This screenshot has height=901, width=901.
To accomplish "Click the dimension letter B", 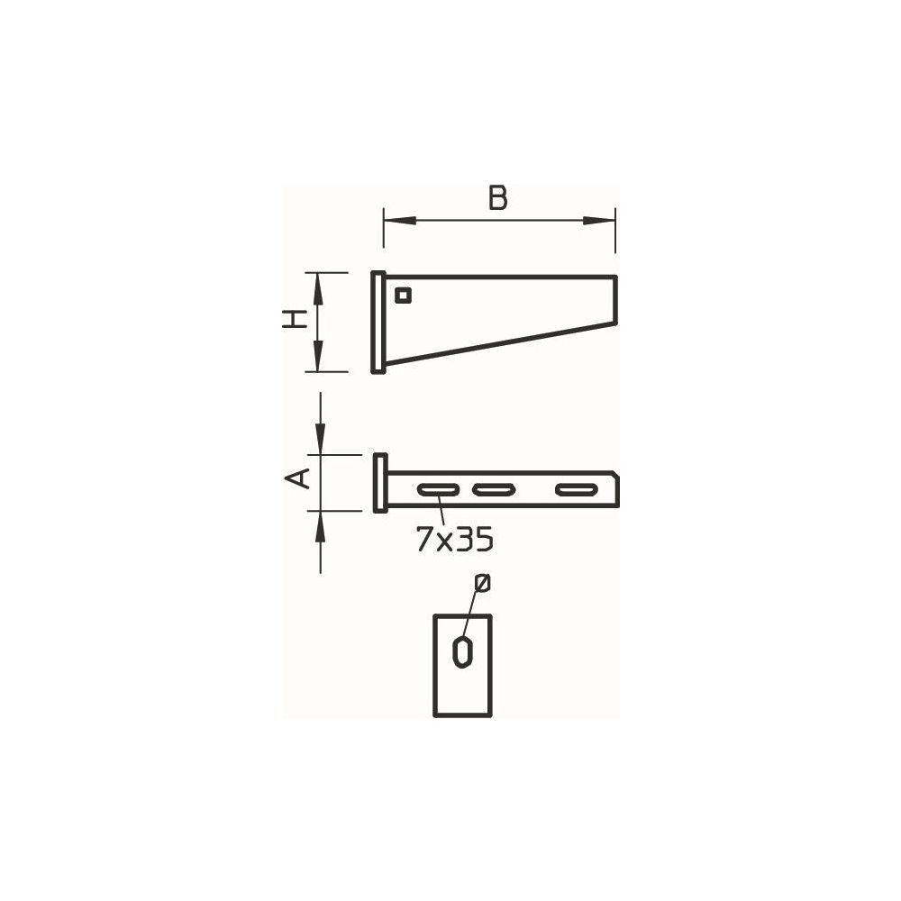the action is pyautogui.click(x=497, y=197).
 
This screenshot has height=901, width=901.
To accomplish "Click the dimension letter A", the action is pyautogui.click(x=297, y=478).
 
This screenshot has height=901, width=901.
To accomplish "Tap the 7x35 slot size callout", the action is pyautogui.click(x=455, y=539).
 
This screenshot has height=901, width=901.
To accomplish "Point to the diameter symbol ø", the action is pyautogui.click(x=483, y=582).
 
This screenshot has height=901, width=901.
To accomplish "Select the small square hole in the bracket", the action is pyautogui.click(x=403, y=296).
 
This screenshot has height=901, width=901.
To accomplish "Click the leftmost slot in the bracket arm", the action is pyautogui.click(x=438, y=489).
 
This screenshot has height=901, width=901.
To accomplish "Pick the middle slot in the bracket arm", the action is pyautogui.click(x=494, y=489).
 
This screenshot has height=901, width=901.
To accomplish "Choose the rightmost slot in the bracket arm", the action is pyautogui.click(x=577, y=489).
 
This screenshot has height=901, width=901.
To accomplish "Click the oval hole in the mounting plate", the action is pyautogui.click(x=462, y=651).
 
